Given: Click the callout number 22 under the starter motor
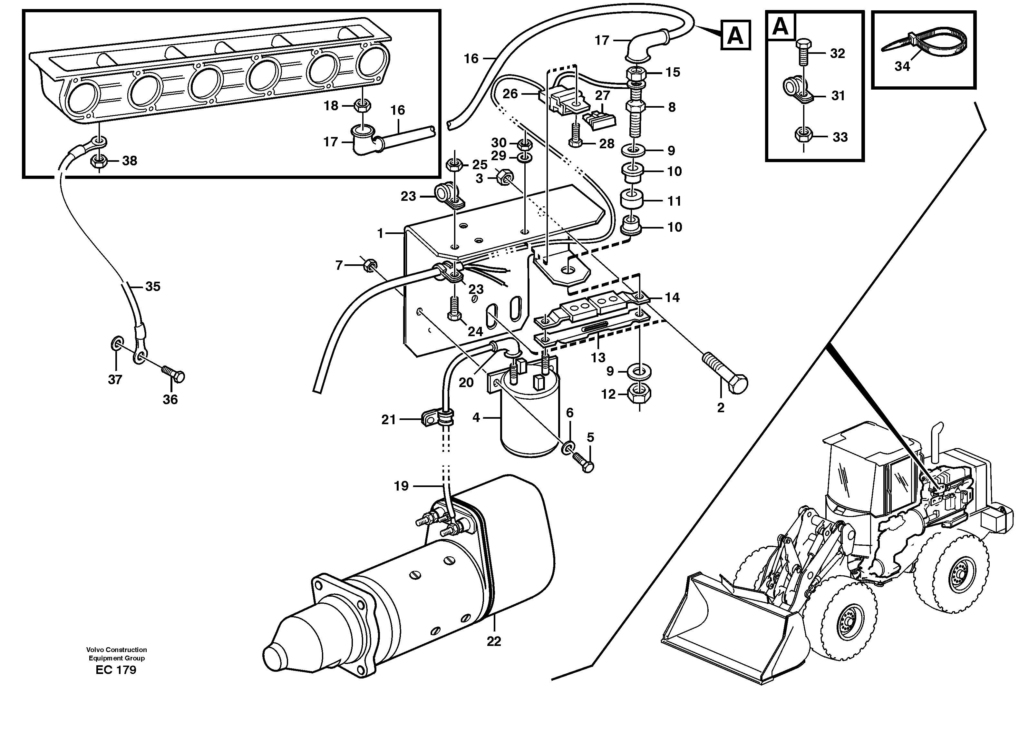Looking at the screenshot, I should click(494, 641).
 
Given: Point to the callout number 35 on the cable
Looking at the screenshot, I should click(153, 287).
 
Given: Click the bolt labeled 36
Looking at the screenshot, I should click(173, 373).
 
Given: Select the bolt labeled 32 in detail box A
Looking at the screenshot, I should click(804, 53).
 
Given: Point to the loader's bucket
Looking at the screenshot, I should click(730, 631).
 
